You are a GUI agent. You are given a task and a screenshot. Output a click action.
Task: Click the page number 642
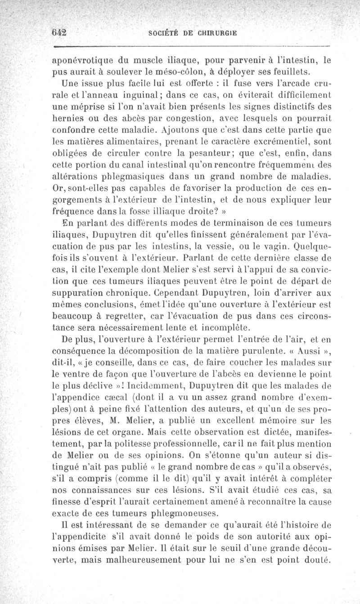click(x=59, y=32)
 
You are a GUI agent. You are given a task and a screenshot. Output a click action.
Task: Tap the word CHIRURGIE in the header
click(x=216, y=32)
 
